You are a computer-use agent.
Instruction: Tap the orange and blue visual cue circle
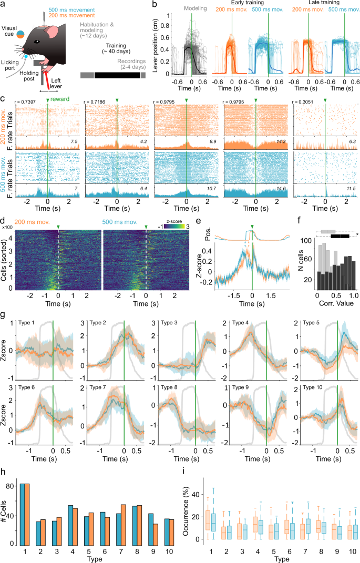point(19,35)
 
